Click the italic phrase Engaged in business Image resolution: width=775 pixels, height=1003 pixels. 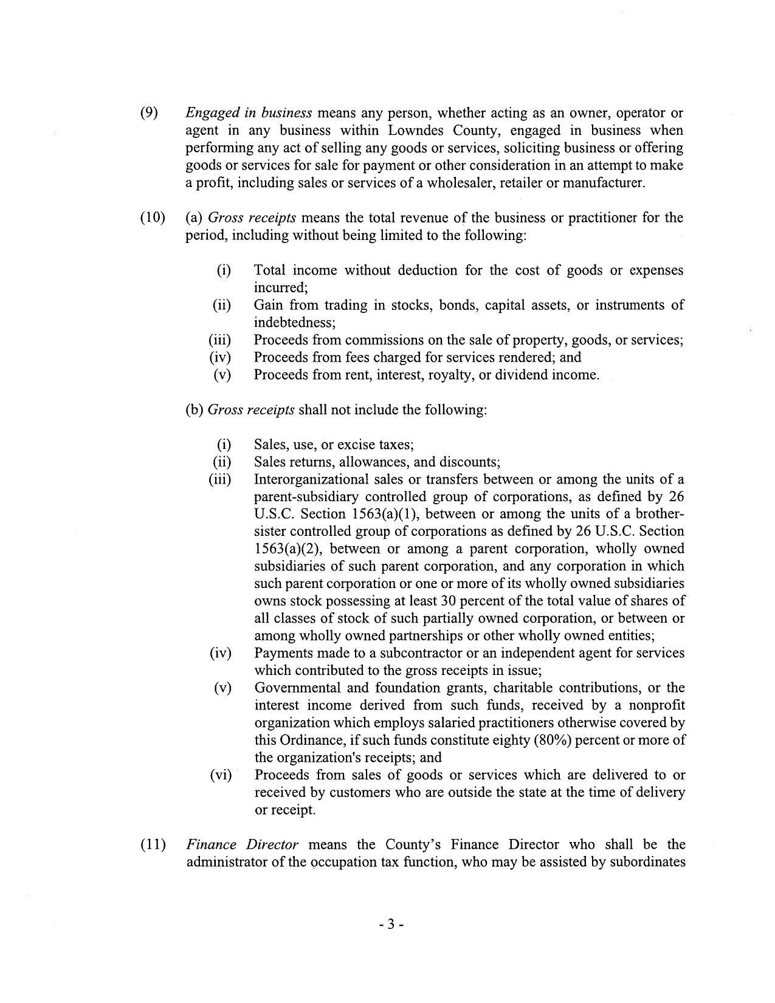pyautogui.click(x=249, y=113)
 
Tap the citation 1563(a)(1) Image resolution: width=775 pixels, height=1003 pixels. pyautogui.click(x=387, y=514)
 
